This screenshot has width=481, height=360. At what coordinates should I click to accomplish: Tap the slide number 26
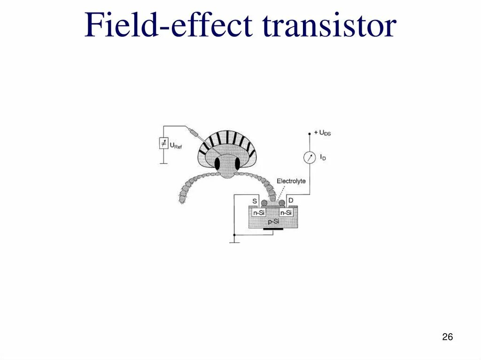tap(447, 337)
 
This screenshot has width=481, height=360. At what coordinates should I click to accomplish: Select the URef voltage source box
tap(163, 143)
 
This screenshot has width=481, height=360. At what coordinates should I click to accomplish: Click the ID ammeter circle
tap(310, 158)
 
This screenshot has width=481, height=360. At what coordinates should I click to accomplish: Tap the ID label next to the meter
tap(323, 158)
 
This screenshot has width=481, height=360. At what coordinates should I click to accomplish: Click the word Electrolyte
tap(291, 181)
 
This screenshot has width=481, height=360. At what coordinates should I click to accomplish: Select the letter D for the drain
tap(291, 201)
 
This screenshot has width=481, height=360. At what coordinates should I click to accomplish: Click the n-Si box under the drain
tap(286, 213)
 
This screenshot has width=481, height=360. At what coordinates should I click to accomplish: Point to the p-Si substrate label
tap(273, 222)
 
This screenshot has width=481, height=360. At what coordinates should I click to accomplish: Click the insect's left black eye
tap(217, 163)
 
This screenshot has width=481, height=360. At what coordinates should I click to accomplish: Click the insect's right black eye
tap(237, 163)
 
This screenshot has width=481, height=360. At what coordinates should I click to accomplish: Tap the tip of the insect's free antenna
tap(182, 199)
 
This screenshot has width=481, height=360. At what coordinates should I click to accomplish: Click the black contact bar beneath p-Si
tap(273, 230)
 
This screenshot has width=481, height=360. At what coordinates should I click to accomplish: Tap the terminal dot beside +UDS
tap(310, 133)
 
